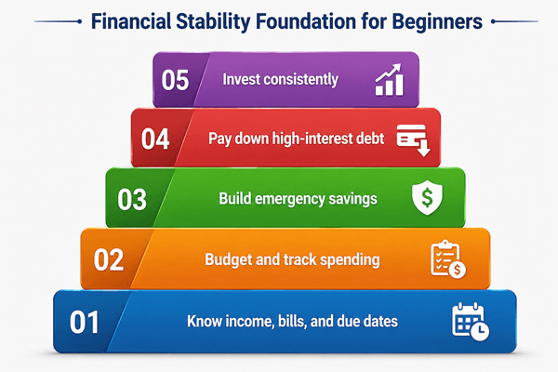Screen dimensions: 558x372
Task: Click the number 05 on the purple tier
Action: point(175,80)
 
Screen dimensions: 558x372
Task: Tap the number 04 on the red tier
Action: point(155,139)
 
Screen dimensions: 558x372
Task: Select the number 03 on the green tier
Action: point(132,200)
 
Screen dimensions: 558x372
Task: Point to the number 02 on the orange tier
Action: point(109,260)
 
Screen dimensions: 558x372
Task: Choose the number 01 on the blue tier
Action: point(84,323)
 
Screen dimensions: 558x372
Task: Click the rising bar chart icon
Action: point(390,80)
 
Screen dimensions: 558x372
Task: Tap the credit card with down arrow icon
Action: point(414,140)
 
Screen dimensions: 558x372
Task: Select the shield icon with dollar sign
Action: point(427,198)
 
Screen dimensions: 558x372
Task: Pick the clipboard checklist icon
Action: point(448,259)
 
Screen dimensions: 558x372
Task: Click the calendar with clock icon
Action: point(471,322)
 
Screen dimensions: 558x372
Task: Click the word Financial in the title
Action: point(131,21)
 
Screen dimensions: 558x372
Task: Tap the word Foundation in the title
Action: point(306,21)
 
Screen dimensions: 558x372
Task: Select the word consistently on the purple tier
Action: point(303,80)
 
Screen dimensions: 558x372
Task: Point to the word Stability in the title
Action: point(214,22)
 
